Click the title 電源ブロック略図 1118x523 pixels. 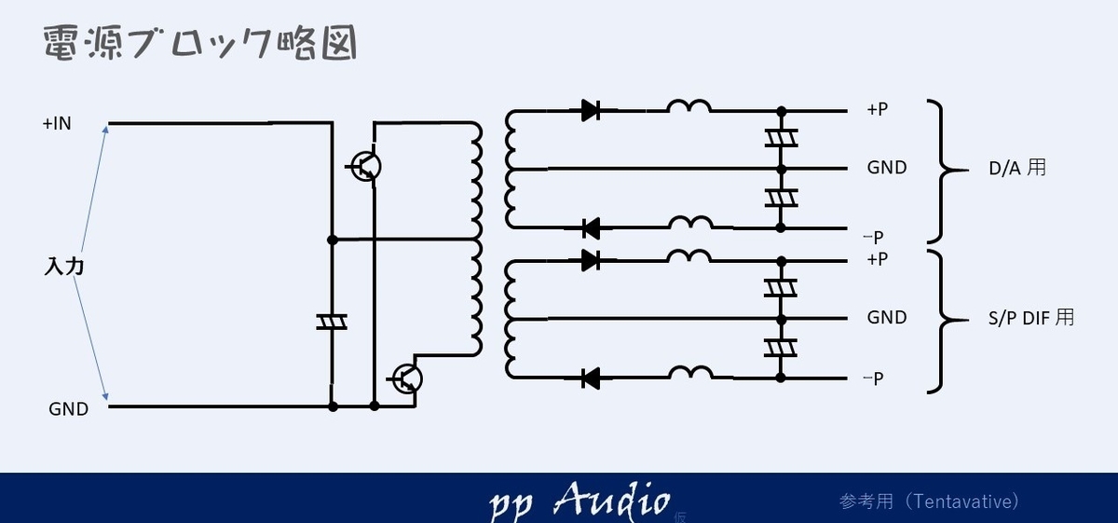click(200, 43)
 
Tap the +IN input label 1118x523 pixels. click(57, 123)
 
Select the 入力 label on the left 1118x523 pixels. click(64, 267)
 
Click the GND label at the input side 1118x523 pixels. click(68, 409)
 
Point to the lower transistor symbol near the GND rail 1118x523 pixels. click(406, 378)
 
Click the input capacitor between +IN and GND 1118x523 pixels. click(332, 323)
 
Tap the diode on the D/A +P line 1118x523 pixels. click(591, 110)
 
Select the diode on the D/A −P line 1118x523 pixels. click(591, 228)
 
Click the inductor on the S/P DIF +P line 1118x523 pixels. click(689, 256)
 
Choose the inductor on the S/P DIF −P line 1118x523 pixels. click(690, 373)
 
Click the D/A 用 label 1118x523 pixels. click(1017, 168)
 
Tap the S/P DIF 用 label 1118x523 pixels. click(1031, 318)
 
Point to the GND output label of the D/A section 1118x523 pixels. click(887, 168)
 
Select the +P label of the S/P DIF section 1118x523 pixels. click(877, 259)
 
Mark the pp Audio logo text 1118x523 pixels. click(579, 501)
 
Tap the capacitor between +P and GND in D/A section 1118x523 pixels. click(781, 138)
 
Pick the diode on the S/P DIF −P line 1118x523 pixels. click(591, 378)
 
